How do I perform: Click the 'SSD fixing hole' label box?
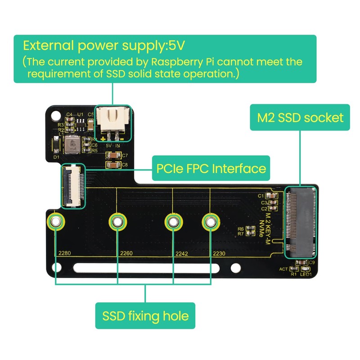click(x=145, y=315)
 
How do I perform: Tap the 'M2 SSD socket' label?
click(x=300, y=118)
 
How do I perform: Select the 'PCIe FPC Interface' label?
click(x=211, y=169)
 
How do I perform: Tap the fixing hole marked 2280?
click(x=55, y=221)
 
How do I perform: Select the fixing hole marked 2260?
click(x=117, y=221)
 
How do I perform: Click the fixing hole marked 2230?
click(x=209, y=221)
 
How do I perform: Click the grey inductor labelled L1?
click(x=71, y=145)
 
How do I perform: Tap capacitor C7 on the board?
click(x=112, y=156)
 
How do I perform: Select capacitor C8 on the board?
click(x=112, y=165)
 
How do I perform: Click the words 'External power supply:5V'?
click(x=104, y=46)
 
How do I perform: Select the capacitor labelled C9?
click(x=301, y=262)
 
